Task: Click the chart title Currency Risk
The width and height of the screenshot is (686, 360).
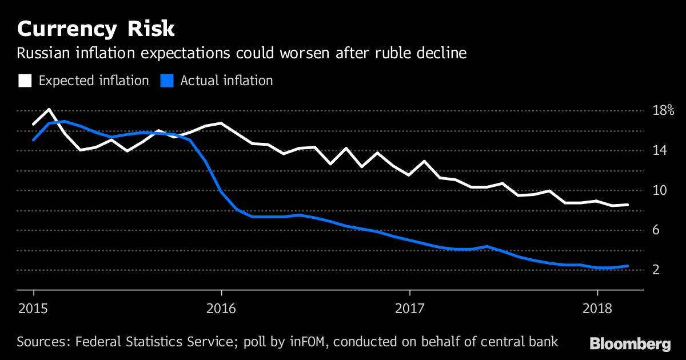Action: coord(96,29)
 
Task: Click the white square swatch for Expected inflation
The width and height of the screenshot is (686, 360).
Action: coord(25,81)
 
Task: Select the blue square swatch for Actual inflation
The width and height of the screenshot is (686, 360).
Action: coord(166,81)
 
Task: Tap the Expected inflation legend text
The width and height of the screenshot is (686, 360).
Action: coord(94,81)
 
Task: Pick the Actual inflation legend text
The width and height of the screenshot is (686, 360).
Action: coord(226,81)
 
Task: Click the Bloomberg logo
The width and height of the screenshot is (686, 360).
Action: coord(630,344)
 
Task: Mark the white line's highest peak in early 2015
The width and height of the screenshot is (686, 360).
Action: coord(49,109)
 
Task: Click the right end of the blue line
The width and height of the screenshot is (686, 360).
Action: coord(628,266)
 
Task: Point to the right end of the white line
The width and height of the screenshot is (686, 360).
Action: coord(628,205)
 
